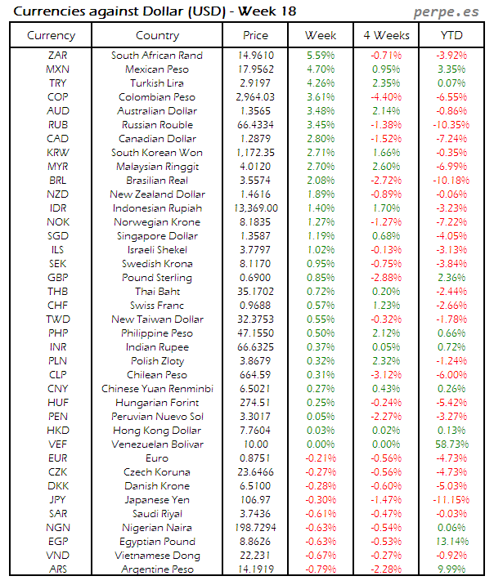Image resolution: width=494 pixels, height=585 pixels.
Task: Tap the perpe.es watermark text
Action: click(447, 11)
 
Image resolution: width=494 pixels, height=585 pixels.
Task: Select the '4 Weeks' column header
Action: click(385, 35)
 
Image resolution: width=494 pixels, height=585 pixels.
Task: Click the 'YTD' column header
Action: click(451, 35)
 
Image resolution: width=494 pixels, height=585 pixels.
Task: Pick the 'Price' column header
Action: click(255, 35)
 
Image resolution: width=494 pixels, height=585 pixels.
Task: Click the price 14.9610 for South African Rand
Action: click(255, 56)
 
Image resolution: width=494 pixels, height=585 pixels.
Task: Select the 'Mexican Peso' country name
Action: click(156, 69)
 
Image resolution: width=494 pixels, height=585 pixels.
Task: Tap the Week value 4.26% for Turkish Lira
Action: click(320, 83)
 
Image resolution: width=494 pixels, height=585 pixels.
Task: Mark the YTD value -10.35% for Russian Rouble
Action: click(451, 125)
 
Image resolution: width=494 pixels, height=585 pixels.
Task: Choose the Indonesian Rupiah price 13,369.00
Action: click(255, 208)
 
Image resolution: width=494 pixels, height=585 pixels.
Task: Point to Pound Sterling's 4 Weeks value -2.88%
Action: click(385, 278)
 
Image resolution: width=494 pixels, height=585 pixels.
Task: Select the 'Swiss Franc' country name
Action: click(156, 306)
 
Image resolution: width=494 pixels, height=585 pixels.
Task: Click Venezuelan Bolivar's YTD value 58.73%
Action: click(451, 444)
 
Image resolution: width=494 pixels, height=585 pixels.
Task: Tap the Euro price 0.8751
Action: click(255, 458)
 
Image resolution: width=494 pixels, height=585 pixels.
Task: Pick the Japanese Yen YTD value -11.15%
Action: click(451, 500)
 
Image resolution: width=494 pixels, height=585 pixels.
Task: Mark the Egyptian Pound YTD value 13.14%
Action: click(451, 542)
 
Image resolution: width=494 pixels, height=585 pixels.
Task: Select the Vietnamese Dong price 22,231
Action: click(255, 556)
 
